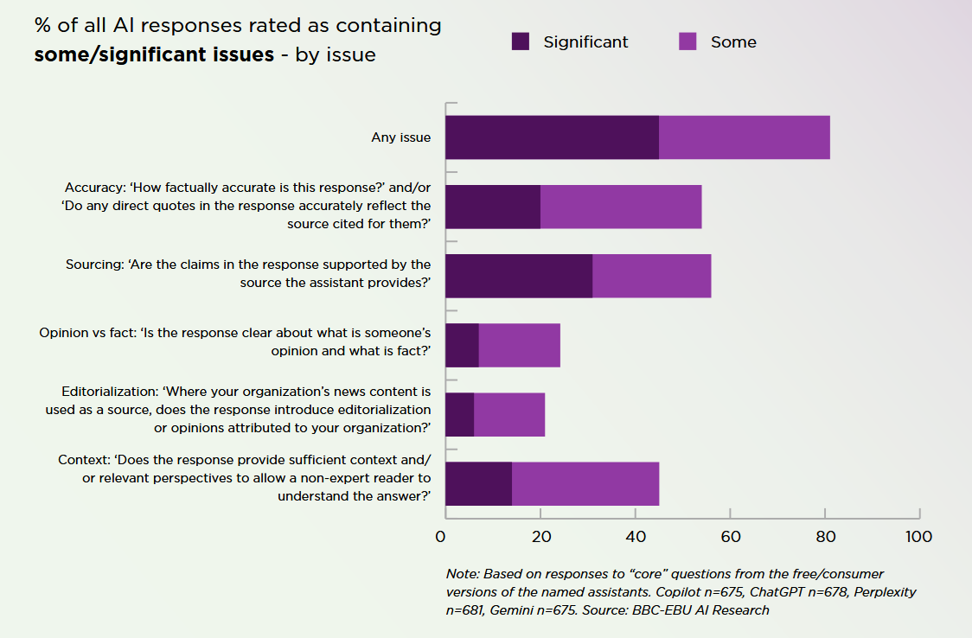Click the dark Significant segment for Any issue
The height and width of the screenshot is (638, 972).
point(552,137)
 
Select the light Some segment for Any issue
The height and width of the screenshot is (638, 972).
point(745,137)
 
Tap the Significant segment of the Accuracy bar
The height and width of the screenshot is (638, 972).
point(493,207)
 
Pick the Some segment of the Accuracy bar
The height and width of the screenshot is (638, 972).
point(621,207)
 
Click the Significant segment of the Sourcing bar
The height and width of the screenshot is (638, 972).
point(519,276)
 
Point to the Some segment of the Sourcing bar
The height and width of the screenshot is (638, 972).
point(652,276)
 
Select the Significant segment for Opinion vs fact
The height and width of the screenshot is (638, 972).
point(462,345)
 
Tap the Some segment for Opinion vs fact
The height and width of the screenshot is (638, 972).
point(520,345)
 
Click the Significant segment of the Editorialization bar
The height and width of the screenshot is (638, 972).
point(459,414)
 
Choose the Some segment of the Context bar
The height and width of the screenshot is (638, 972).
point(585,483)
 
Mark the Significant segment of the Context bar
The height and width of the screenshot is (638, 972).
point(478,483)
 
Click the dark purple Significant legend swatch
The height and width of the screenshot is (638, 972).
point(520,41)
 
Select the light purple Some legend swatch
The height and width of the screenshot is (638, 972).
point(687,41)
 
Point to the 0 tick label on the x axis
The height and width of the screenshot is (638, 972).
point(441,537)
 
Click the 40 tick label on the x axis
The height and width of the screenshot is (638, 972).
point(636,537)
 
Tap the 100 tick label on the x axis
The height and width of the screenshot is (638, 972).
point(918,537)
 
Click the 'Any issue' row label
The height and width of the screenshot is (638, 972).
point(400,137)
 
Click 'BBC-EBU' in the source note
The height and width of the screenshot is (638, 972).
point(658,610)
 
